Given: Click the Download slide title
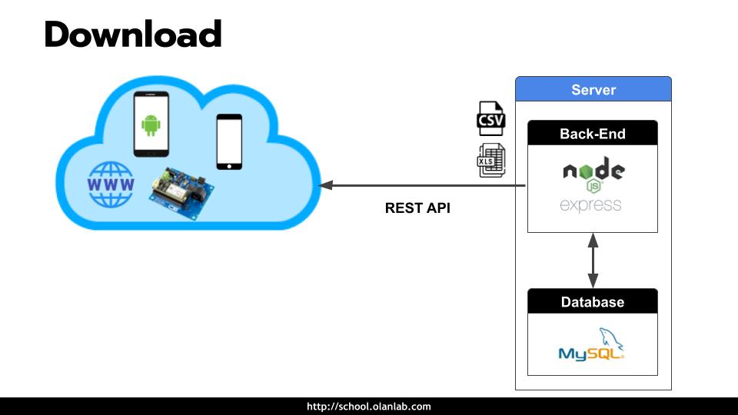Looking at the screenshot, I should pyautogui.click(x=133, y=35).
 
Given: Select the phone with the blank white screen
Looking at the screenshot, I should pyautogui.click(x=229, y=142).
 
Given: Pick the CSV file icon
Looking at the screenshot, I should pyautogui.click(x=490, y=119).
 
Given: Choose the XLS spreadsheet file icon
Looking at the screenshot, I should pyautogui.click(x=490, y=161).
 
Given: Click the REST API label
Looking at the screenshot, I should pyautogui.click(x=417, y=207).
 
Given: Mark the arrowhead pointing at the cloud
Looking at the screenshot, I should pyautogui.click(x=326, y=185).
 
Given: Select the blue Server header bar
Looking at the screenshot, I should pyautogui.click(x=593, y=90).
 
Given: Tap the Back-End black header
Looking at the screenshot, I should pyautogui.click(x=592, y=134).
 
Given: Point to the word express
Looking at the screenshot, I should pyautogui.click(x=590, y=205).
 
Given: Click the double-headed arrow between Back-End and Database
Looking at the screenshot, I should pyautogui.click(x=593, y=261).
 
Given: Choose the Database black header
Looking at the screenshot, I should pyautogui.click(x=592, y=302).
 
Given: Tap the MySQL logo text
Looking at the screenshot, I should pyautogui.click(x=588, y=354).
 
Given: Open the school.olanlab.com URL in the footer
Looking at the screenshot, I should pyautogui.click(x=369, y=407).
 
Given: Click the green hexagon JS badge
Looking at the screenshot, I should pyautogui.click(x=593, y=186).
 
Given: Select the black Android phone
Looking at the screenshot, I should pyautogui.click(x=151, y=124).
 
